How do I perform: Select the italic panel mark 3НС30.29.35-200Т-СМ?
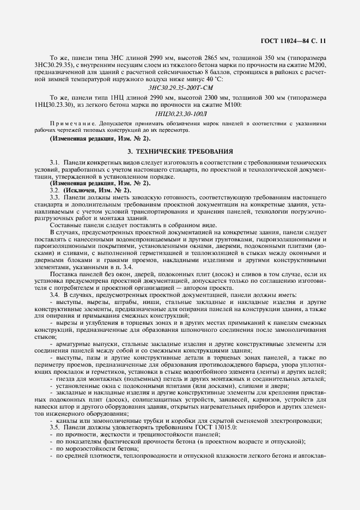[180, 87]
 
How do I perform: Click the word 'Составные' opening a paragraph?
[66, 225]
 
